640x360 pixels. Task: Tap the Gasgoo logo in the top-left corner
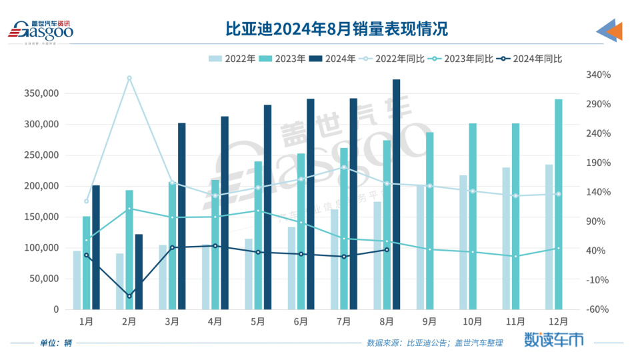pos(41,31)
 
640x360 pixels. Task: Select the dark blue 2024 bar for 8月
pos(397,195)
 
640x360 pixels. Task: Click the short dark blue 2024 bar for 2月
pos(139,271)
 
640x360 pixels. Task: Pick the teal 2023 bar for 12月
pos(559,204)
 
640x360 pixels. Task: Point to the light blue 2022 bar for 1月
pos(77,280)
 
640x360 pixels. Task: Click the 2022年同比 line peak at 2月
pos(129,78)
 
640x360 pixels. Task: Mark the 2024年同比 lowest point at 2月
pos(129,296)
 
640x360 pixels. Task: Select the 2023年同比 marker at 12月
pos(559,249)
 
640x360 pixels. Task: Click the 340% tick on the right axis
pos(599,75)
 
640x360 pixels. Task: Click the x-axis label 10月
pos(473,321)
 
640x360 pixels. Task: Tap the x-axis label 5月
pos(258,321)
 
